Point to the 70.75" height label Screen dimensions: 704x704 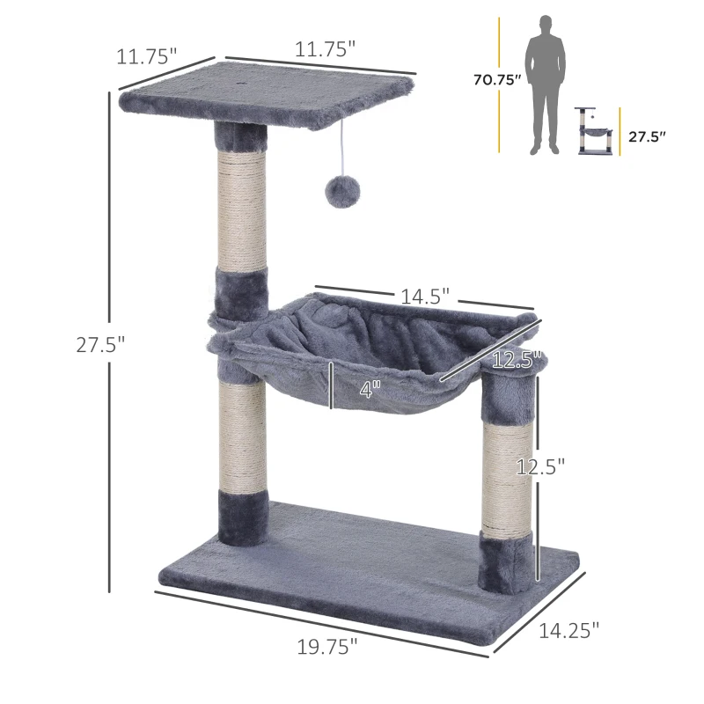498,81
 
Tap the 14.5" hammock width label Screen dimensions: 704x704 425,297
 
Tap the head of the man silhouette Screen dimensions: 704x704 546,24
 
